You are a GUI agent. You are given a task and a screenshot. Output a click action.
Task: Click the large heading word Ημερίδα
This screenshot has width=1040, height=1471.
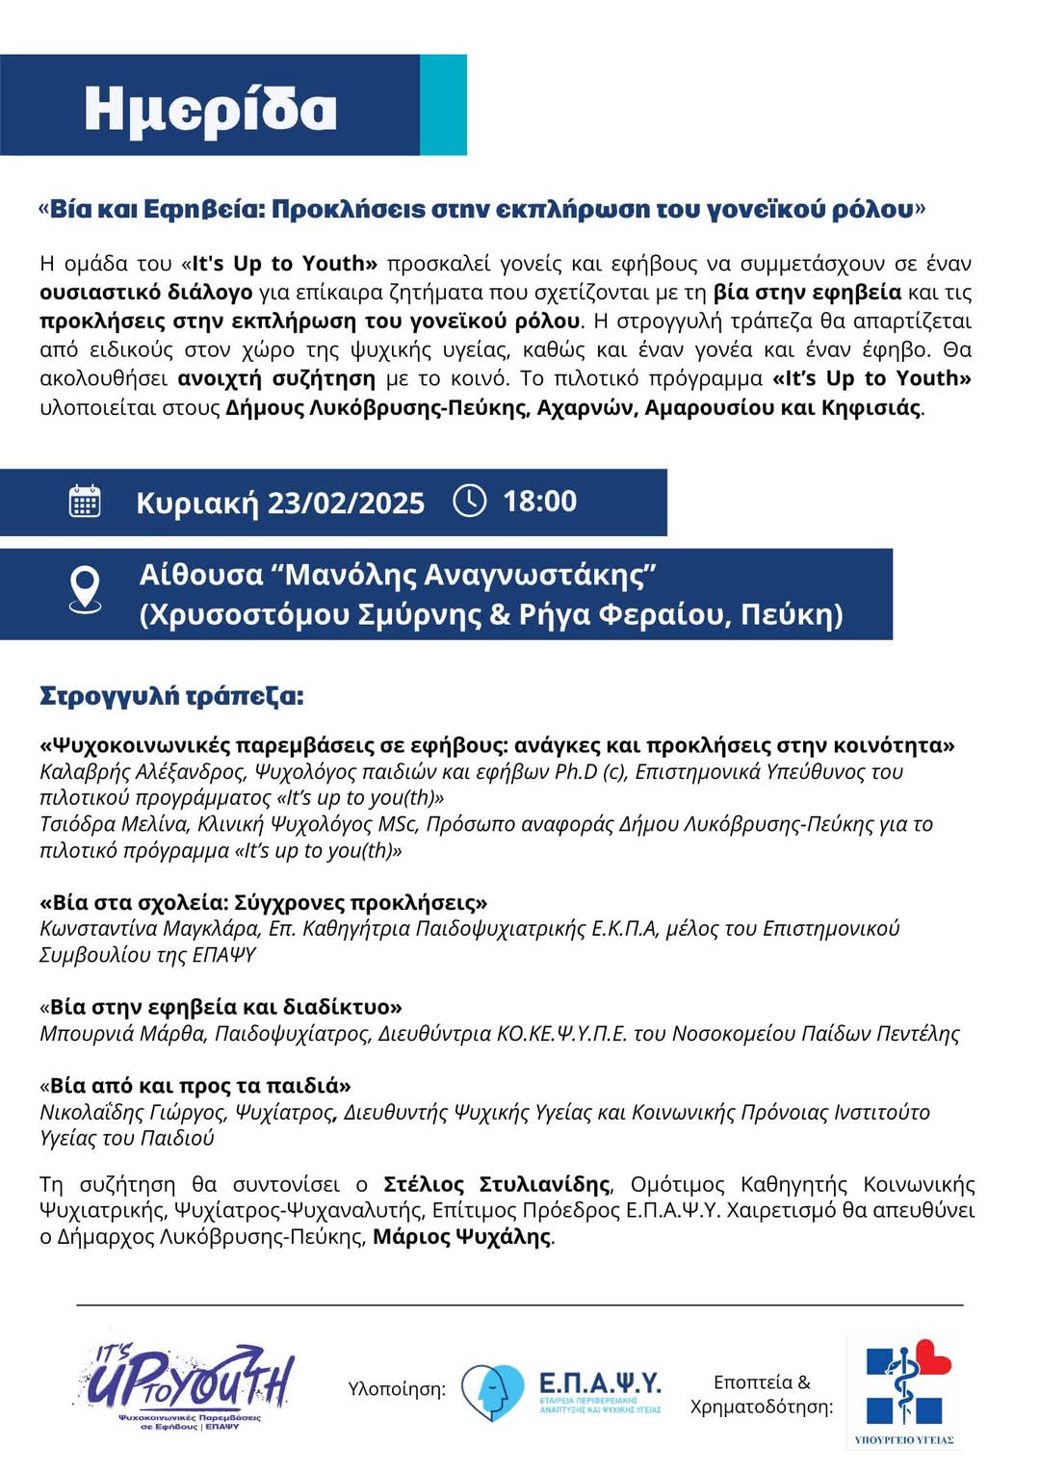pyautogui.click(x=210, y=109)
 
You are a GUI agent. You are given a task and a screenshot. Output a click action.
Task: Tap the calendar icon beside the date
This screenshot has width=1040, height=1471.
pyautogui.click(x=85, y=502)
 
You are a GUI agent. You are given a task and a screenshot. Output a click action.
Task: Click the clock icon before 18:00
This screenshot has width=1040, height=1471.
pyautogui.click(x=469, y=501)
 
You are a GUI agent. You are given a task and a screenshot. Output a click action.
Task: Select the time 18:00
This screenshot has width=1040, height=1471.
pyautogui.click(x=539, y=501)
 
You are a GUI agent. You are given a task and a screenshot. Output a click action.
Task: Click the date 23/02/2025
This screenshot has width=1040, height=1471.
pyautogui.click(x=346, y=503)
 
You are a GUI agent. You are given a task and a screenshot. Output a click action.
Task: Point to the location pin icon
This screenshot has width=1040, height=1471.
pyautogui.click(x=85, y=588)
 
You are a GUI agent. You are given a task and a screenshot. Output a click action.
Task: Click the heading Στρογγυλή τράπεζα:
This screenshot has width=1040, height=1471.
pyautogui.click(x=171, y=695)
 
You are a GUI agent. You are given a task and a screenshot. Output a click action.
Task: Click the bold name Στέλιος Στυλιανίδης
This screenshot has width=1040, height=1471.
pyautogui.click(x=497, y=1184)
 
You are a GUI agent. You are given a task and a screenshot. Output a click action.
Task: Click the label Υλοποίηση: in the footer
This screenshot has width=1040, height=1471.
pyautogui.click(x=397, y=1389)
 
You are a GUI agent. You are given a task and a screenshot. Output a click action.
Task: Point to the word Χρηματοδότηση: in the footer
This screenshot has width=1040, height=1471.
pyautogui.click(x=761, y=1406)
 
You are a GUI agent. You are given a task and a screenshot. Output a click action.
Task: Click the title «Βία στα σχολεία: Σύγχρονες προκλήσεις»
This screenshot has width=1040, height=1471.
pyautogui.click(x=263, y=902)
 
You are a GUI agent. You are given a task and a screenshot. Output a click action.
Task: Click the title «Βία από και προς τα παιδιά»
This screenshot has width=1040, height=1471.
pyautogui.click(x=195, y=1086)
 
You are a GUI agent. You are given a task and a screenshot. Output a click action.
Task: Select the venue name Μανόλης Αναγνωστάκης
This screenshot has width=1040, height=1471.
pyautogui.click(x=470, y=575)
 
